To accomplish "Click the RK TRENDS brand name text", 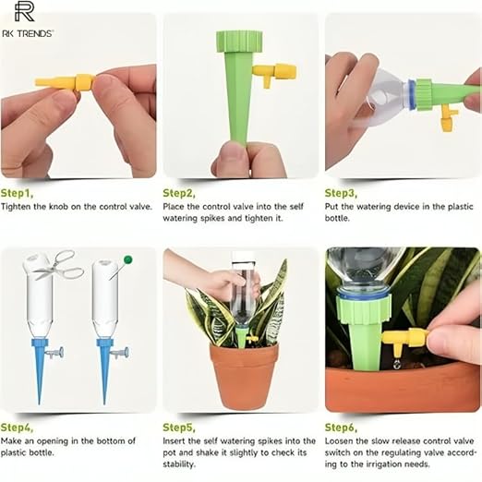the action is click(x=28, y=33).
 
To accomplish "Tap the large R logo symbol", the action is click(x=24, y=12).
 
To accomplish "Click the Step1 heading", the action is click(x=17, y=193).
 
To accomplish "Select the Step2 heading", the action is click(x=179, y=193).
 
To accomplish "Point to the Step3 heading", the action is click(x=341, y=193).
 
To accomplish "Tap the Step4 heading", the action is click(x=17, y=428).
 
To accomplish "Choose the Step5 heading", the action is click(x=179, y=428).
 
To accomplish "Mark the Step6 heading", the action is click(x=341, y=428).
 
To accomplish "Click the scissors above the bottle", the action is click(x=58, y=265).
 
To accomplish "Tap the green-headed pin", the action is click(x=122, y=268).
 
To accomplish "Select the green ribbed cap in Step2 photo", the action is click(x=240, y=41).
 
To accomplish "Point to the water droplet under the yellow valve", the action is click(x=397, y=365).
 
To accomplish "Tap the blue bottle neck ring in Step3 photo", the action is click(x=411, y=93).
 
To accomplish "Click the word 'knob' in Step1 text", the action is click(x=58, y=206).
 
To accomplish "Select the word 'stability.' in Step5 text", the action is click(x=179, y=464).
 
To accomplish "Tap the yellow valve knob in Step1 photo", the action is click(x=84, y=83).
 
